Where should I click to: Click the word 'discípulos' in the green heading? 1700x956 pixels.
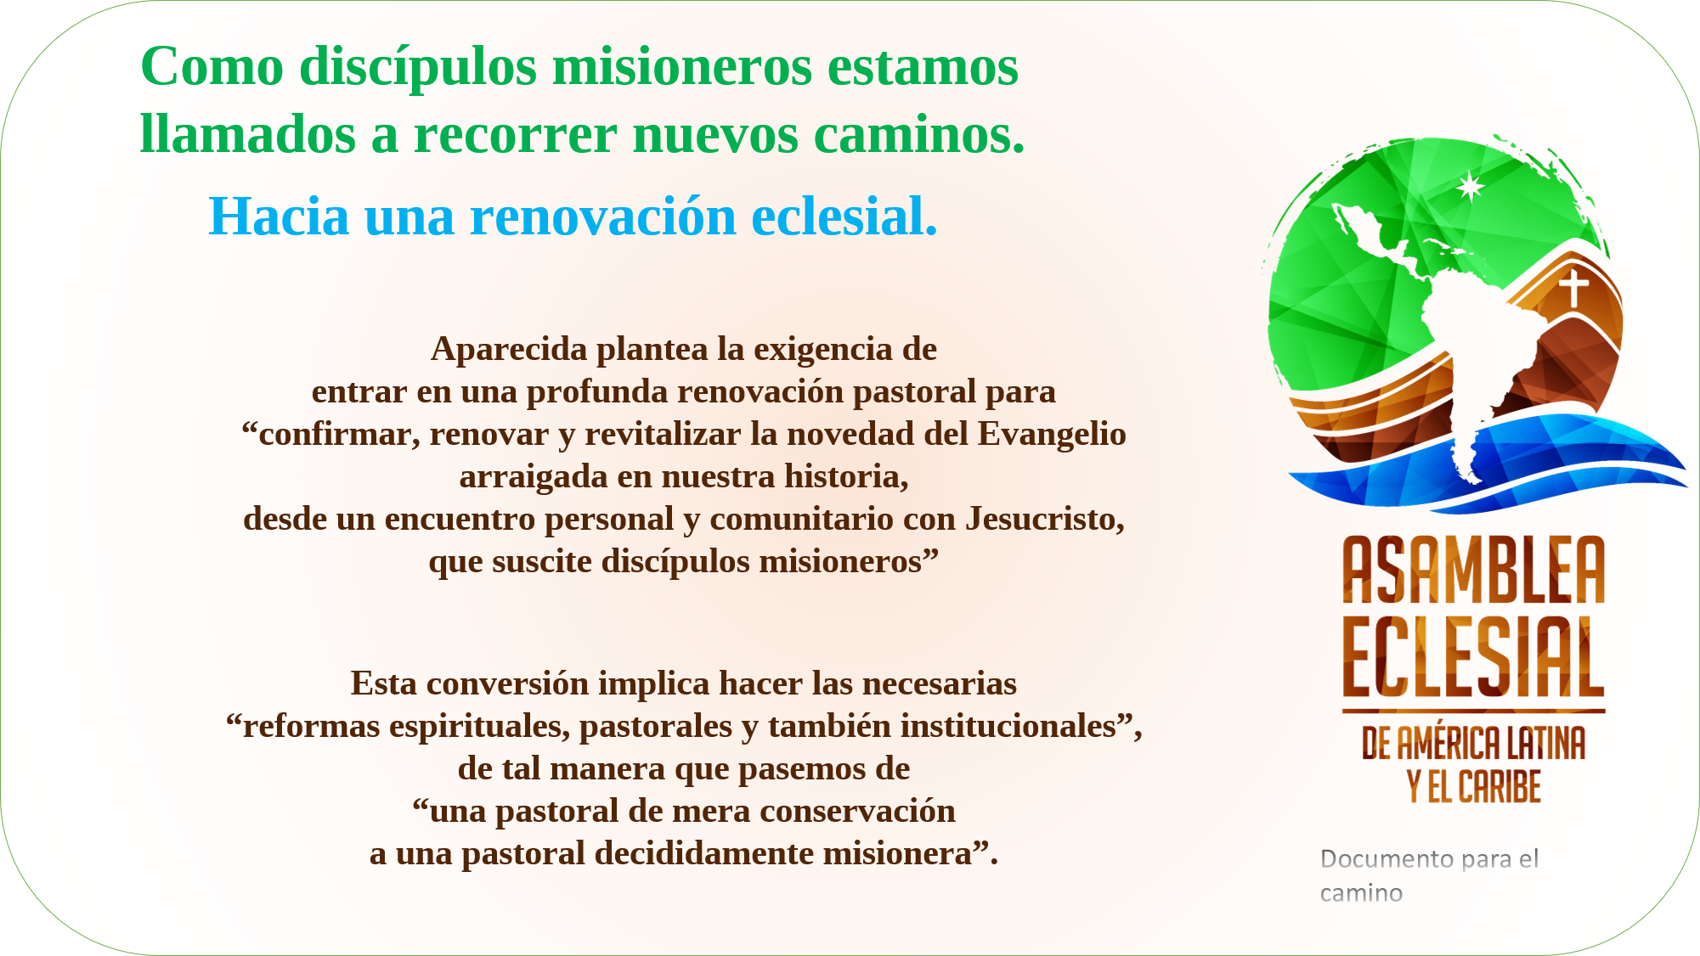click(418, 67)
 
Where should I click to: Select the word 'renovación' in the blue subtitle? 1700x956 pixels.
click(603, 216)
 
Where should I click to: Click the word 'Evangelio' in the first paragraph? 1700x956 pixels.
click(1052, 435)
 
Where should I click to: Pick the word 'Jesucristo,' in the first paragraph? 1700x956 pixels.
click(1045, 519)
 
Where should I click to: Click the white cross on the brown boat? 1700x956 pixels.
click(1573, 287)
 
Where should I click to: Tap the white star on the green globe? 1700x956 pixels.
click(1470, 186)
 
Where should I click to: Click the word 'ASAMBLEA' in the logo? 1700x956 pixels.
click(1474, 570)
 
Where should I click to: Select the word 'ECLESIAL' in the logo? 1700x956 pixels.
click(1474, 656)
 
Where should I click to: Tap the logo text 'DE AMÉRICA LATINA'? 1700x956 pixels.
click(1474, 743)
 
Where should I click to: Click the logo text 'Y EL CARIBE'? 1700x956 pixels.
click(1474, 786)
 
